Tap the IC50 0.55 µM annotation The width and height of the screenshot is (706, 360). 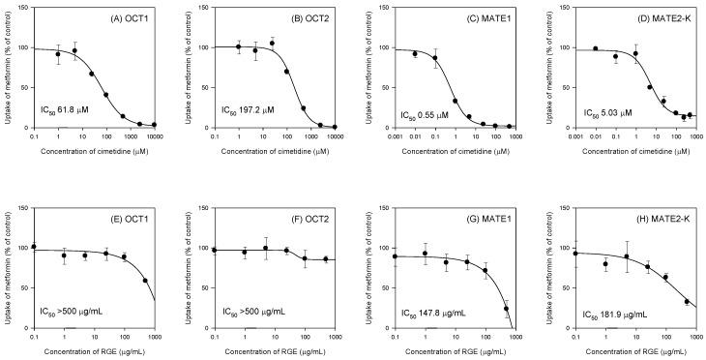click(x=423, y=115)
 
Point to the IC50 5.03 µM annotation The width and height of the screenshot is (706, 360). click(x=604, y=114)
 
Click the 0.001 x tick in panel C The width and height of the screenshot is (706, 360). click(x=395, y=138)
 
